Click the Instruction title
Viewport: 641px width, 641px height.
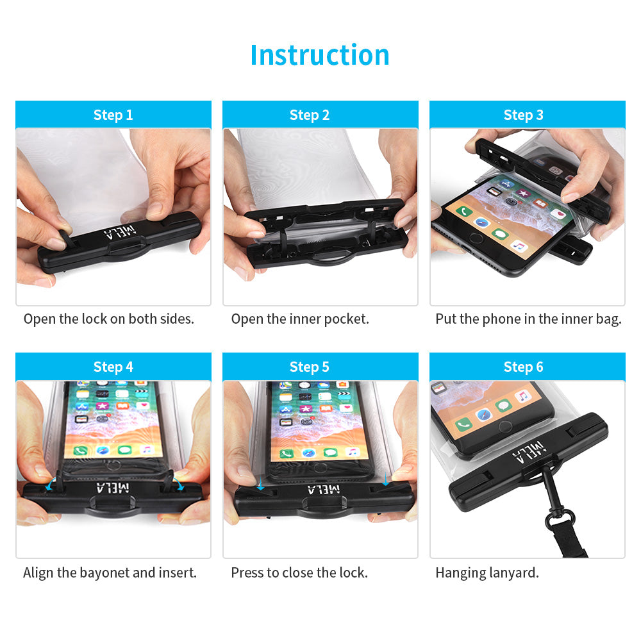pyautogui.click(x=320, y=54)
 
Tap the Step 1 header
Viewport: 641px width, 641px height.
pyautogui.click(x=113, y=115)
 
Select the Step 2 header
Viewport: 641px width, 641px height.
pyautogui.click(x=310, y=115)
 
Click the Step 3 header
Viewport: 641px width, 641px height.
pyautogui.click(x=523, y=115)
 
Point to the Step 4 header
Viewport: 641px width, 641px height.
pyautogui.click(x=113, y=367)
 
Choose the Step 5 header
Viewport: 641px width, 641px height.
pyautogui.click(x=310, y=367)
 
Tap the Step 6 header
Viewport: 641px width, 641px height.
pyautogui.click(x=523, y=367)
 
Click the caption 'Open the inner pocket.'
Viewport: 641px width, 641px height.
pyautogui.click(x=300, y=319)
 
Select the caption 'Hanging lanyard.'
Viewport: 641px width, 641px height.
pyautogui.click(x=487, y=572)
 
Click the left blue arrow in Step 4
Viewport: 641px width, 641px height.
pyautogui.click(x=50, y=485)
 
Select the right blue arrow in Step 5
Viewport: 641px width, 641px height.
pyautogui.click(x=385, y=479)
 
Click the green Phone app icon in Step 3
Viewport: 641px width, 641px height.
pyautogui.click(x=464, y=211)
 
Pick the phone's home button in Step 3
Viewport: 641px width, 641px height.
pyautogui.click(x=476, y=238)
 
